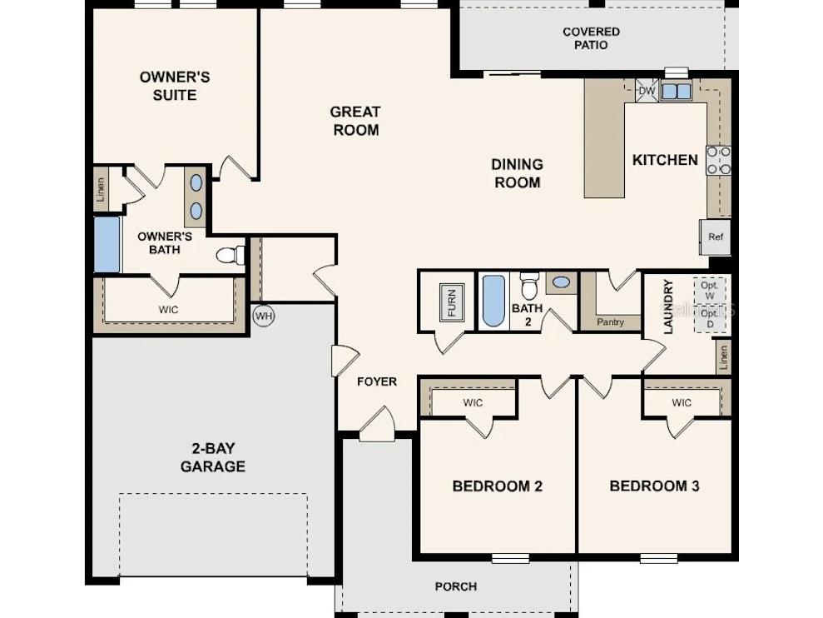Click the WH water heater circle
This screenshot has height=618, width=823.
[x=264, y=316]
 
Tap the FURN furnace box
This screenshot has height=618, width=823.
[x=452, y=302]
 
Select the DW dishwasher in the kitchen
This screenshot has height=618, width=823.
[x=647, y=91]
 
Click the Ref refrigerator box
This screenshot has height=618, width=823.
[x=715, y=237]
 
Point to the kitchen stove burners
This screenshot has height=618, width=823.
[x=718, y=161]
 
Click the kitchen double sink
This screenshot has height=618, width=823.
[x=676, y=92]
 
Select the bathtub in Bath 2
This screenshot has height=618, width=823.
[x=493, y=301]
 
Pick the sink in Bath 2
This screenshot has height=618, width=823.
[x=562, y=282]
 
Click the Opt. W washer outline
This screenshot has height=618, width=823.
[x=710, y=291]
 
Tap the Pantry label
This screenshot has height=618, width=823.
[x=611, y=321]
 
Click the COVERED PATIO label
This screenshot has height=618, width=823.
[x=591, y=38]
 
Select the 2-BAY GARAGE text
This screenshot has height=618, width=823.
[x=213, y=457]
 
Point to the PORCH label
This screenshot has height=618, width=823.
[x=456, y=586]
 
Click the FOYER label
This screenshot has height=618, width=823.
[x=377, y=381]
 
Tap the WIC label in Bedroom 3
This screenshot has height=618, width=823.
[x=681, y=403]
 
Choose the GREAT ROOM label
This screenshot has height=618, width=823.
[x=355, y=121]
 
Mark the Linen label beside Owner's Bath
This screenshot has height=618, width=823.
[x=102, y=190]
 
